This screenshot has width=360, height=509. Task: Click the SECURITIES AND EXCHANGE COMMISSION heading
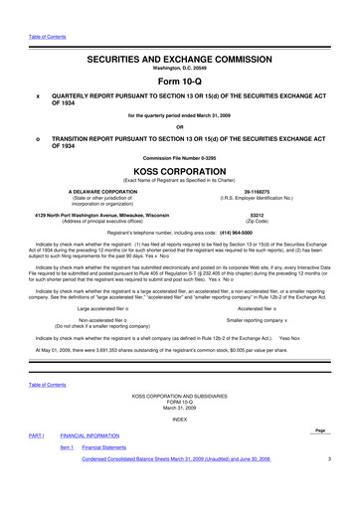click(x=180, y=59)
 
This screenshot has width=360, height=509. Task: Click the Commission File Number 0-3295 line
click(x=180, y=158)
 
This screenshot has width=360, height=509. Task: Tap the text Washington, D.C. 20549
click(x=180, y=69)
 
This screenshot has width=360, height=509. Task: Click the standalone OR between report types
click(x=180, y=125)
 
